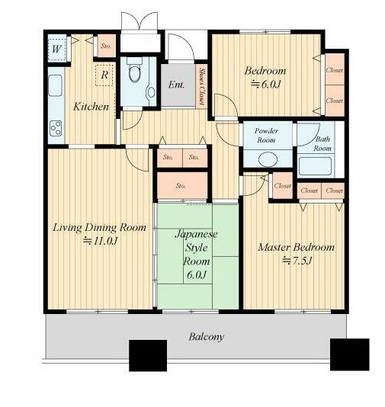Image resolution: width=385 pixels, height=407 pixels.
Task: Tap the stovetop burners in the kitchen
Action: pos(56,129)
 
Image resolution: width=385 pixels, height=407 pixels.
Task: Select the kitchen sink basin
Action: pos(56,85)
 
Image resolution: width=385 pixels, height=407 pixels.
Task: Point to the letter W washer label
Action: pos(57,49)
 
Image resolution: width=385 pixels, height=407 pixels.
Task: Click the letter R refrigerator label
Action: pos(104,75)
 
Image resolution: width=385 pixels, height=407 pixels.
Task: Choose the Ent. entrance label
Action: pos(176,85)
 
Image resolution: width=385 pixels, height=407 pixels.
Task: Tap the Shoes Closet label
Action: pos(202,87)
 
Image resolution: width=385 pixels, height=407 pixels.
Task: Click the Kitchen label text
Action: pos(91,107)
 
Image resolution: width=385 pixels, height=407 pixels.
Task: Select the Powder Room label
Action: pos(266,135)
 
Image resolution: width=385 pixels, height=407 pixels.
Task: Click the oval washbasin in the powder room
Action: pos(268,159)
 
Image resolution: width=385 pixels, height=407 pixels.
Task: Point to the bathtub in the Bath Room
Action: pos(315,166)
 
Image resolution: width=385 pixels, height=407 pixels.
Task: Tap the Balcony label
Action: pos(206,337)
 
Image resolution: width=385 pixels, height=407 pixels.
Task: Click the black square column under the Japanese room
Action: pos(148,356)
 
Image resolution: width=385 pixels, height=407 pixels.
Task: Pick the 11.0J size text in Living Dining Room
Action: pos(101,241)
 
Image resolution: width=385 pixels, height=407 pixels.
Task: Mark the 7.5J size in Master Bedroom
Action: pos(297,261)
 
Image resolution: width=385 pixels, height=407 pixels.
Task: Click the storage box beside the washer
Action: pos(107,46)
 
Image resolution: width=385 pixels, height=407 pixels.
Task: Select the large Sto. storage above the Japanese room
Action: pos(182,186)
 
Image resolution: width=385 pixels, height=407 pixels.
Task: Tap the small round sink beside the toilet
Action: pos(151,92)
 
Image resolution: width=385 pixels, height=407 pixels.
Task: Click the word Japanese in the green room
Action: pos(196,235)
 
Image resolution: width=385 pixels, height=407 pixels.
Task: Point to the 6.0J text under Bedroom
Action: pos(266,85)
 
